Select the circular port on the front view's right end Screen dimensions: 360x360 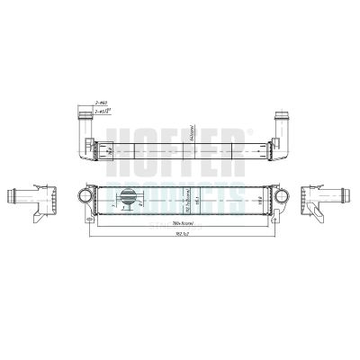(275, 196)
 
